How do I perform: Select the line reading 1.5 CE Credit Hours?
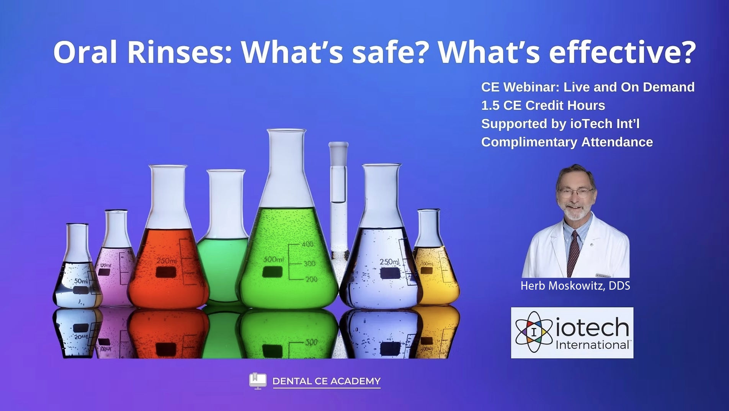point(543,105)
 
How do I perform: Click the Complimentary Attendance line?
point(567,142)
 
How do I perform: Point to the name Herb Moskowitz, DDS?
point(575,286)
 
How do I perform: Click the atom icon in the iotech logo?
point(534,332)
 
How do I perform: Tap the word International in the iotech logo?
point(593,345)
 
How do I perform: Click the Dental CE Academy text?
point(327,381)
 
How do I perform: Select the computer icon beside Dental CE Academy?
point(258,381)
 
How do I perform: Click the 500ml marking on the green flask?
point(273,259)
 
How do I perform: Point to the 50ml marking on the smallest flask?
point(81,281)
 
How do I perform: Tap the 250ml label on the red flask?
point(167,261)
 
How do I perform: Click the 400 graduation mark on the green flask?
point(307,244)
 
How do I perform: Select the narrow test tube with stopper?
point(338,210)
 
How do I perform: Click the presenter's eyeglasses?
point(576,192)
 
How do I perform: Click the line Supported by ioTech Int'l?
point(561,124)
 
